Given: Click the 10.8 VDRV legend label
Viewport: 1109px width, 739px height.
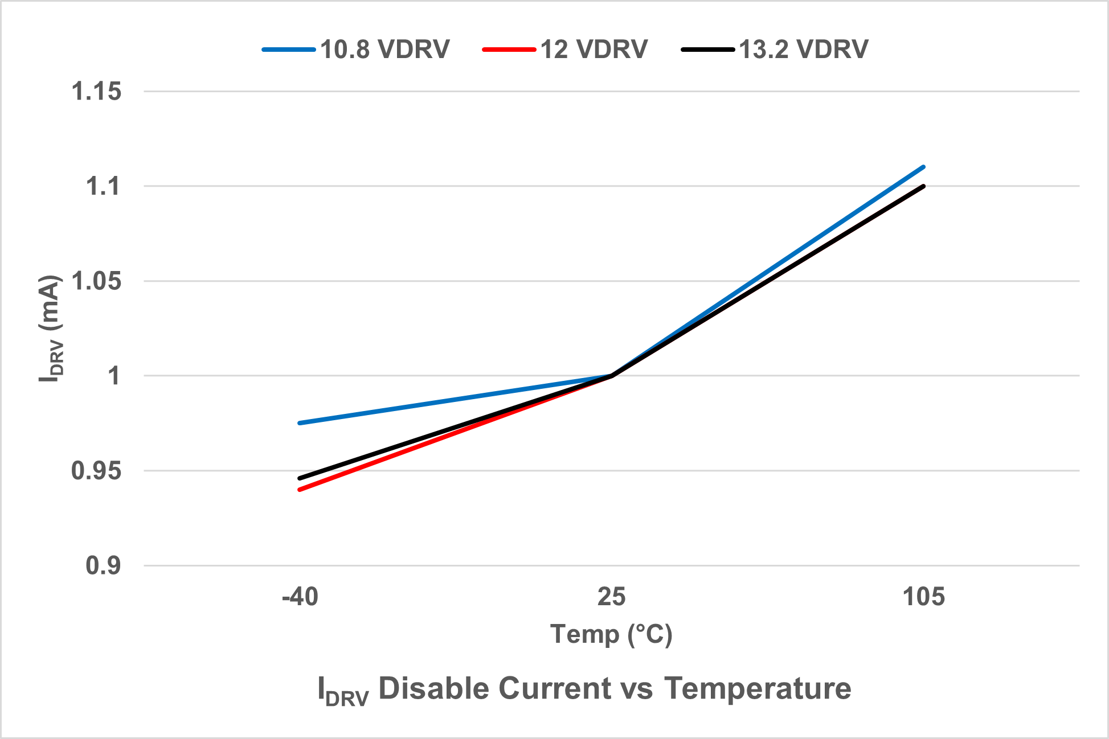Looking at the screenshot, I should click(385, 50).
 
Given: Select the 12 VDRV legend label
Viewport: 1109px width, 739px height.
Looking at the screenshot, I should click(594, 50).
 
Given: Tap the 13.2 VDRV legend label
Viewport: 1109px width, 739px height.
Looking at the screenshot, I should click(803, 50).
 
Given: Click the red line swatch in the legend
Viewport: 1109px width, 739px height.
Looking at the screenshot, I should click(509, 50).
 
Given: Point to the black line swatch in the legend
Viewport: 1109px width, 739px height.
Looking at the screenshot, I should click(707, 50).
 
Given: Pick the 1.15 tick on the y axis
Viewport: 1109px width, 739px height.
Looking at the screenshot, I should click(96, 92).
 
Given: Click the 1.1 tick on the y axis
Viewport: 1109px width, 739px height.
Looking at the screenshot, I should click(103, 186).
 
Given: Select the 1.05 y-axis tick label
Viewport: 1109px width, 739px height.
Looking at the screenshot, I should click(96, 281).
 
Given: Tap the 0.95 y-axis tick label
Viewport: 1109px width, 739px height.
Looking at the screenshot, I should click(96, 471).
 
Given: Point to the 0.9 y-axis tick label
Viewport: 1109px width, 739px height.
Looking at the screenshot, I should click(103, 566).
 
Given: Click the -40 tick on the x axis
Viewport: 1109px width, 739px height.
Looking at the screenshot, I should click(300, 597).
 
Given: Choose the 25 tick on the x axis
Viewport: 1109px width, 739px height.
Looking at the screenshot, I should click(611, 597).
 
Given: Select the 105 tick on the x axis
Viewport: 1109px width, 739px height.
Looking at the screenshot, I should click(923, 597).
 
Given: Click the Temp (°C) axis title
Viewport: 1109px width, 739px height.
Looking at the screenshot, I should click(611, 634).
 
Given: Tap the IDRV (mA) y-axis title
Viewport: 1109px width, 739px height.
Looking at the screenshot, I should click(51, 329).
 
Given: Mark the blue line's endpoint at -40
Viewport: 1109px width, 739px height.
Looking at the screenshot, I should click(300, 423).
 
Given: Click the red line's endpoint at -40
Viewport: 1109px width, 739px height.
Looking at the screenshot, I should click(300, 490).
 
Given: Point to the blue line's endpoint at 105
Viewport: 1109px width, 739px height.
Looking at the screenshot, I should click(923, 167).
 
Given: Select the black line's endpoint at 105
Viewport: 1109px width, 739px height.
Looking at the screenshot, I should click(923, 186).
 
